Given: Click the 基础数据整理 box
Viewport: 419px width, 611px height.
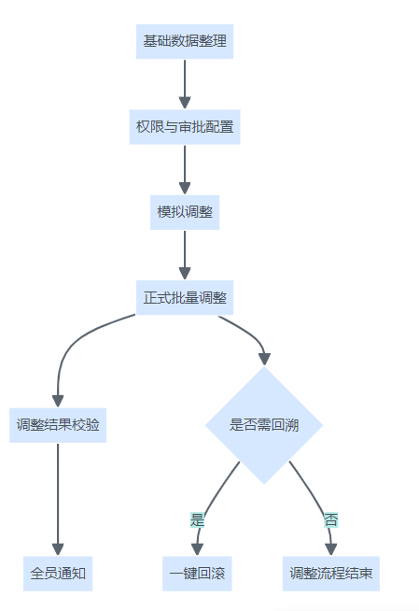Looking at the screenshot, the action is click(x=185, y=41).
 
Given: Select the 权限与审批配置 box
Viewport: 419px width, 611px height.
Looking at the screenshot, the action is click(x=185, y=127).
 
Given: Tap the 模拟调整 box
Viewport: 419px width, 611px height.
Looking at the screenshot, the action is click(x=185, y=212).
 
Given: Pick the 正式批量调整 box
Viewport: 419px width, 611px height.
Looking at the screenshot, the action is click(x=185, y=298).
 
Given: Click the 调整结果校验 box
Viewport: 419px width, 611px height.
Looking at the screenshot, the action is click(x=58, y=425).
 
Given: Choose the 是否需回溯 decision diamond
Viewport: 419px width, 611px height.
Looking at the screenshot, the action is click(x=264, y=425).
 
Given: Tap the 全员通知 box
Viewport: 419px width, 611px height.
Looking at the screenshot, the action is click(x=58, y=574).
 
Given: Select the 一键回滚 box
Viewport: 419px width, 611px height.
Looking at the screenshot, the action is click(x=197, y=574).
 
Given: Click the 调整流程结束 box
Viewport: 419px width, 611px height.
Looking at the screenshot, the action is click(x=330, y=574).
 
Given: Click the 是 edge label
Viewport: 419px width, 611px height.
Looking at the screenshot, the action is click(x=197, y=520).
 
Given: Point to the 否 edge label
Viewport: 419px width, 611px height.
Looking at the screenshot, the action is click(x=330, y=520).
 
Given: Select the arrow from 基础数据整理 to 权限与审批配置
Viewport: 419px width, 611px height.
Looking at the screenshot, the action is click(x=185, y=84).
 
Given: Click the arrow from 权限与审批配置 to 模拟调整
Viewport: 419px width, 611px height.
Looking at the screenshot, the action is click(x=185, y=169).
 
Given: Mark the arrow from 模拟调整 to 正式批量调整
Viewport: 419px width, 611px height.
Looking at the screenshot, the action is click(x=185, y=255).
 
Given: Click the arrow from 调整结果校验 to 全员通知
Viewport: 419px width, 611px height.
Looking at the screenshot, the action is click(x=58, y=499).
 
